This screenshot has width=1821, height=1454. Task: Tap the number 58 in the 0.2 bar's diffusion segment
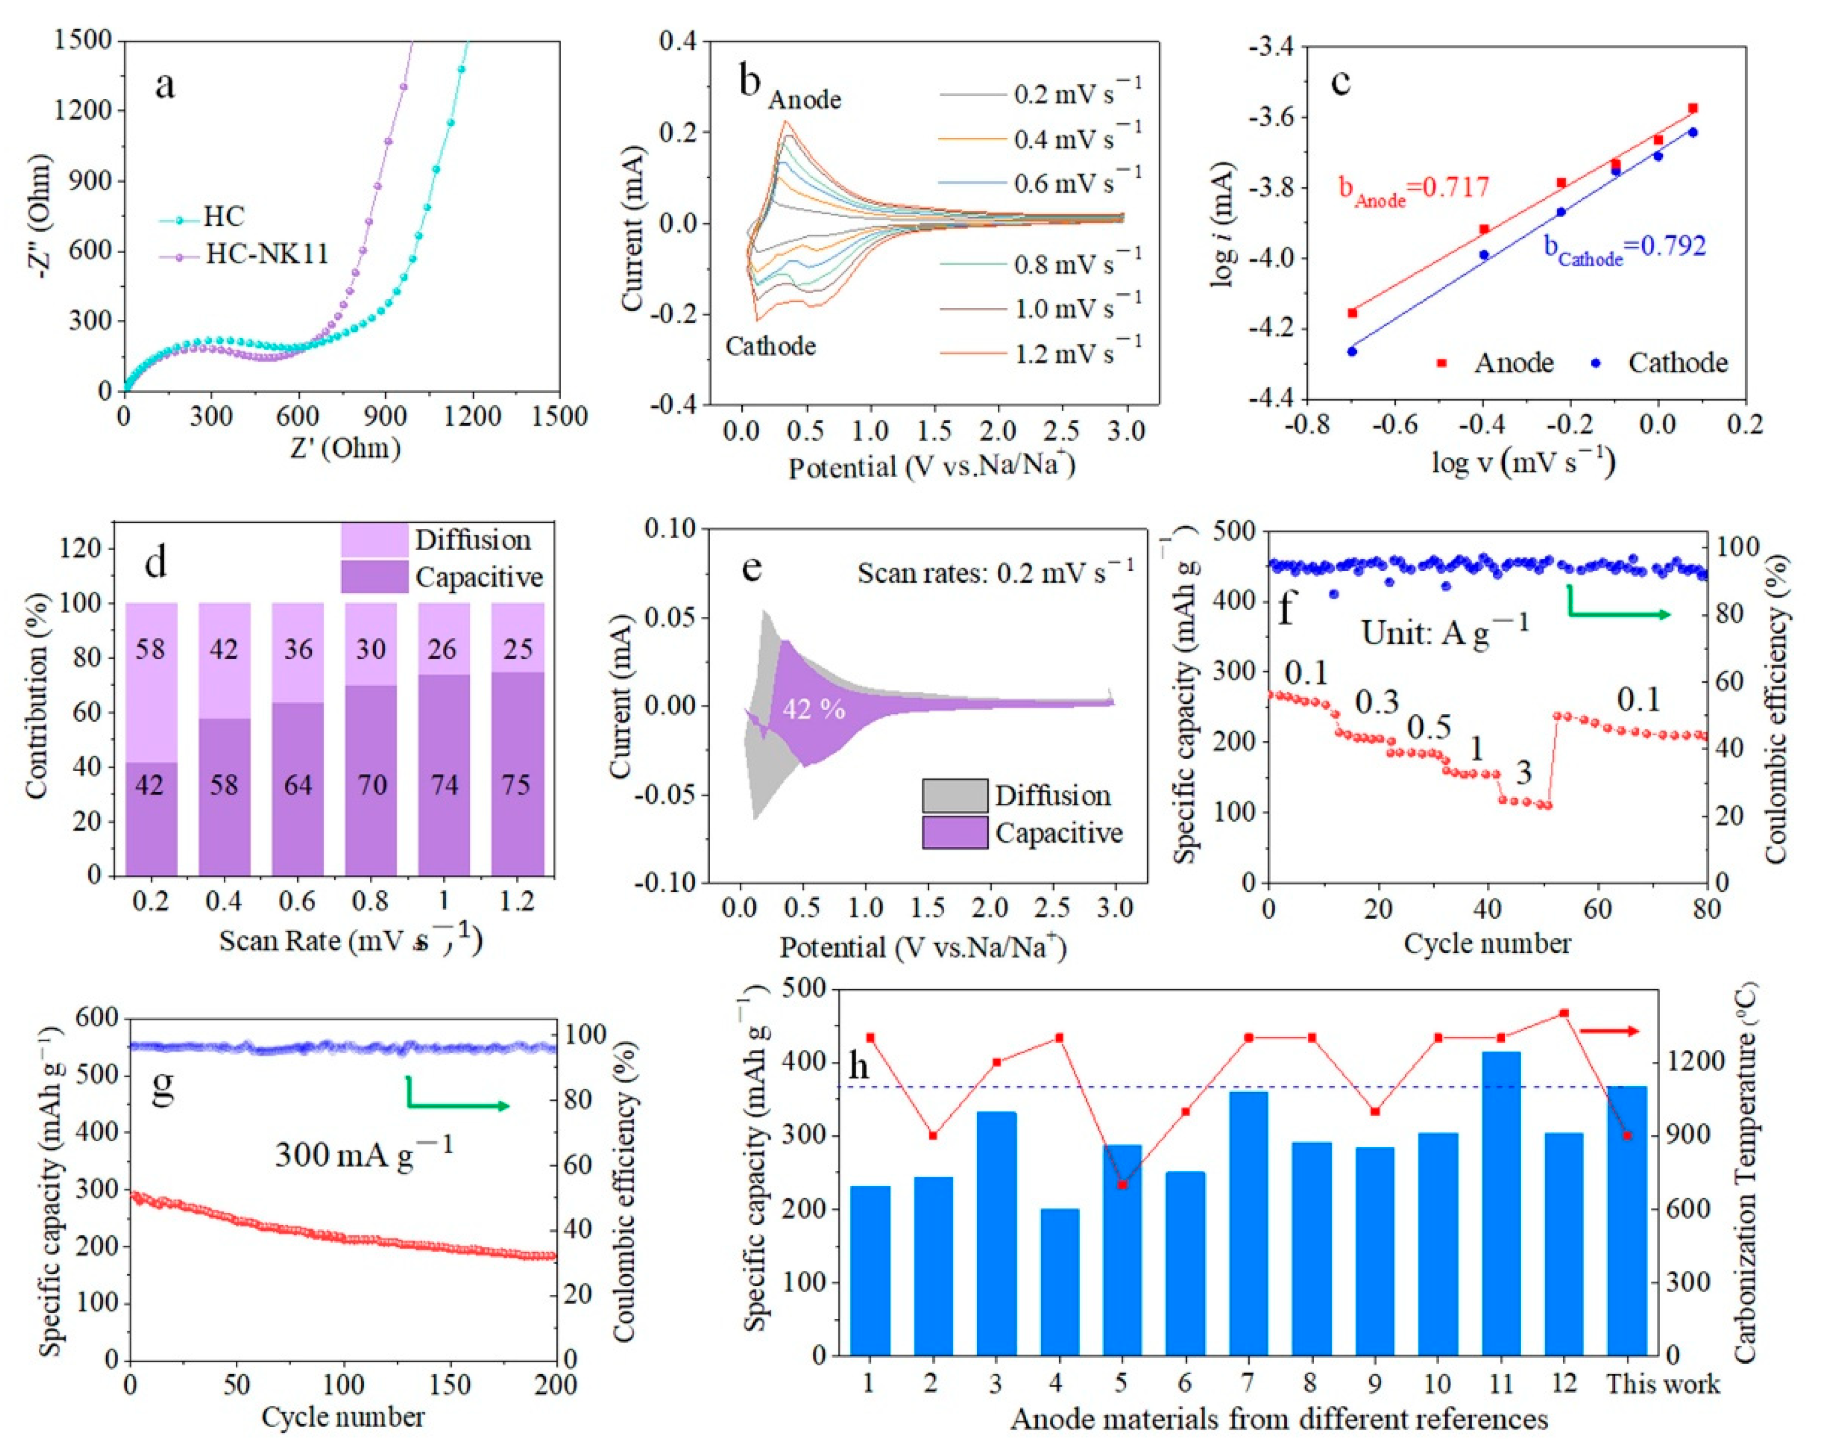point(150,649)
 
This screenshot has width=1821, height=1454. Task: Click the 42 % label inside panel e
point(813,709)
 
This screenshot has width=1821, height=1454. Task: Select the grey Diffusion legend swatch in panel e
point(955,796)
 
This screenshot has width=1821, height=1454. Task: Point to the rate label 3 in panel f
point(1523,773)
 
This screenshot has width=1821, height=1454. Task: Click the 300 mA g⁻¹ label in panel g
point(363,1153)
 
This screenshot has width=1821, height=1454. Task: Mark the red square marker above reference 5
point(1122,1184)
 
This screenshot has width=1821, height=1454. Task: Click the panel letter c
point(1340,83)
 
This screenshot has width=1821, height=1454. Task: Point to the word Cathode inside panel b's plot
point(770,346)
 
